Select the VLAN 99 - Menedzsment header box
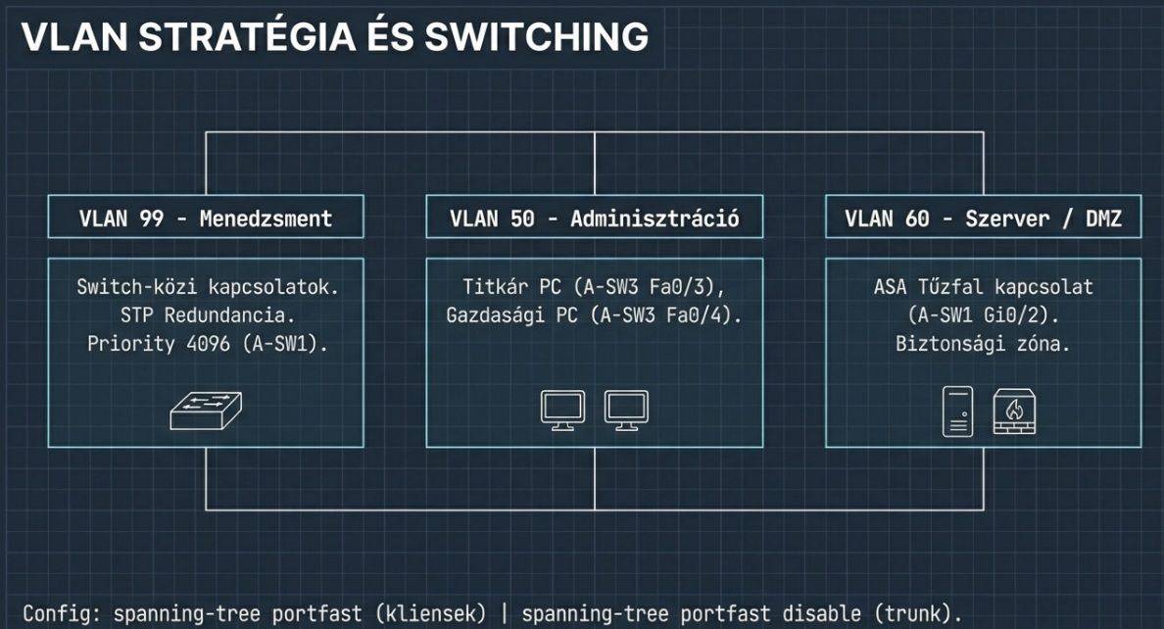coord(206,218)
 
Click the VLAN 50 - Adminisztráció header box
coord(594,218)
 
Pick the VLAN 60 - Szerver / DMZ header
coord(983,218)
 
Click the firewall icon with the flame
coord(1014,411)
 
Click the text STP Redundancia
coord(206,315)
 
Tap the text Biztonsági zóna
coord(983,344)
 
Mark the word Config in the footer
coord(60,614)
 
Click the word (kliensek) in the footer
coord(436,614)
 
